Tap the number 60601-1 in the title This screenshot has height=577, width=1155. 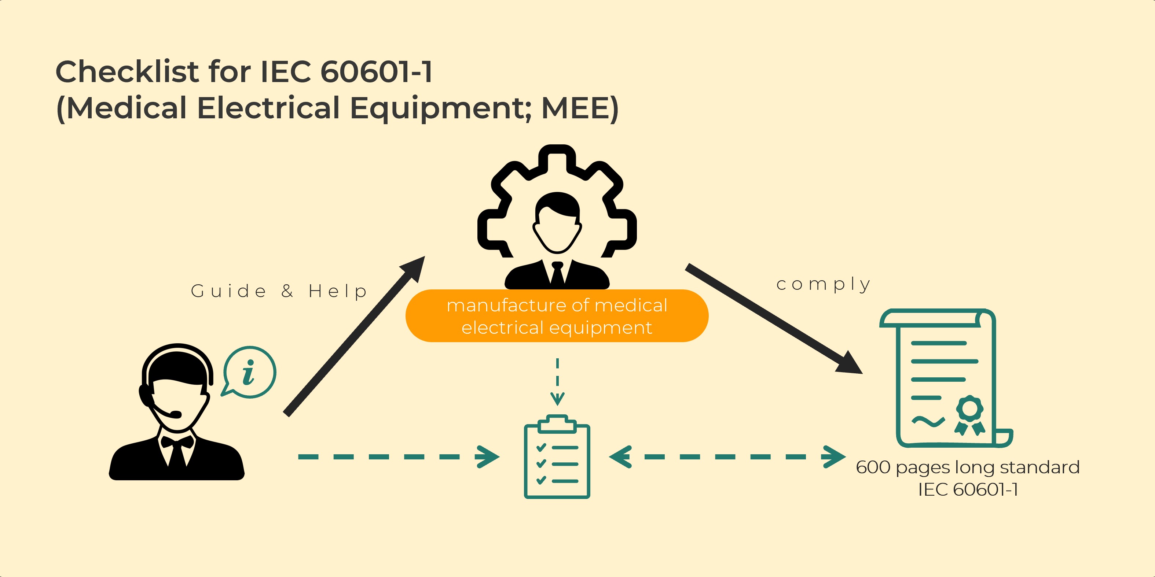tap(377, 72)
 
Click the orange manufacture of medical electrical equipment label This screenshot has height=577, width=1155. tap(557, 316)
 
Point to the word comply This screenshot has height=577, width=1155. tap(824, 284)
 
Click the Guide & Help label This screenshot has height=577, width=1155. tap(279, 291)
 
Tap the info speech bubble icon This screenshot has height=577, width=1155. tap(249, 372)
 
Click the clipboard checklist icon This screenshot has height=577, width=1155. tap(557, 457)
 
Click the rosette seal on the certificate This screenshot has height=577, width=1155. tap(969, 414)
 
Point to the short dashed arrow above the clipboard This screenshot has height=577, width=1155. tap(557, 381)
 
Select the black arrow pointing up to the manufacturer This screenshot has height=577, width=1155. tap(354, 336)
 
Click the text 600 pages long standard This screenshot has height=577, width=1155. tap(968, 467)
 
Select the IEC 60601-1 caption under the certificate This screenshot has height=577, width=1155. tap(968, 489)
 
